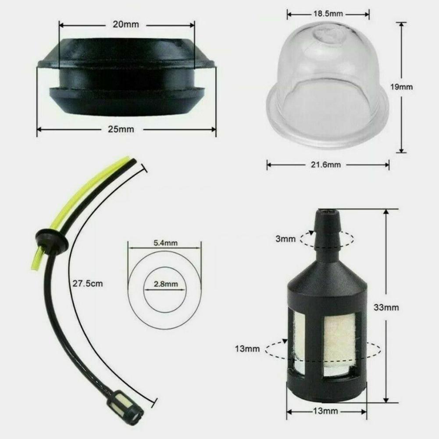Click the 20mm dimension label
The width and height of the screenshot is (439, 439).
[125, 25]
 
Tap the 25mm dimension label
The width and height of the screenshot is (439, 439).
[125, 129]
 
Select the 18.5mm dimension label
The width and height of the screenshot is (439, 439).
[327, 14]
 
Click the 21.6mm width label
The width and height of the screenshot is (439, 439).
[328, 165]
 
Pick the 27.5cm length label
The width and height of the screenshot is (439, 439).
[88, 283]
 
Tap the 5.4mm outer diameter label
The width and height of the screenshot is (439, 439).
[165, 243]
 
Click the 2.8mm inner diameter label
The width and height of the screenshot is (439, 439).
[165, 284]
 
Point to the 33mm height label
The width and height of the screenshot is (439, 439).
[385, 307]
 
